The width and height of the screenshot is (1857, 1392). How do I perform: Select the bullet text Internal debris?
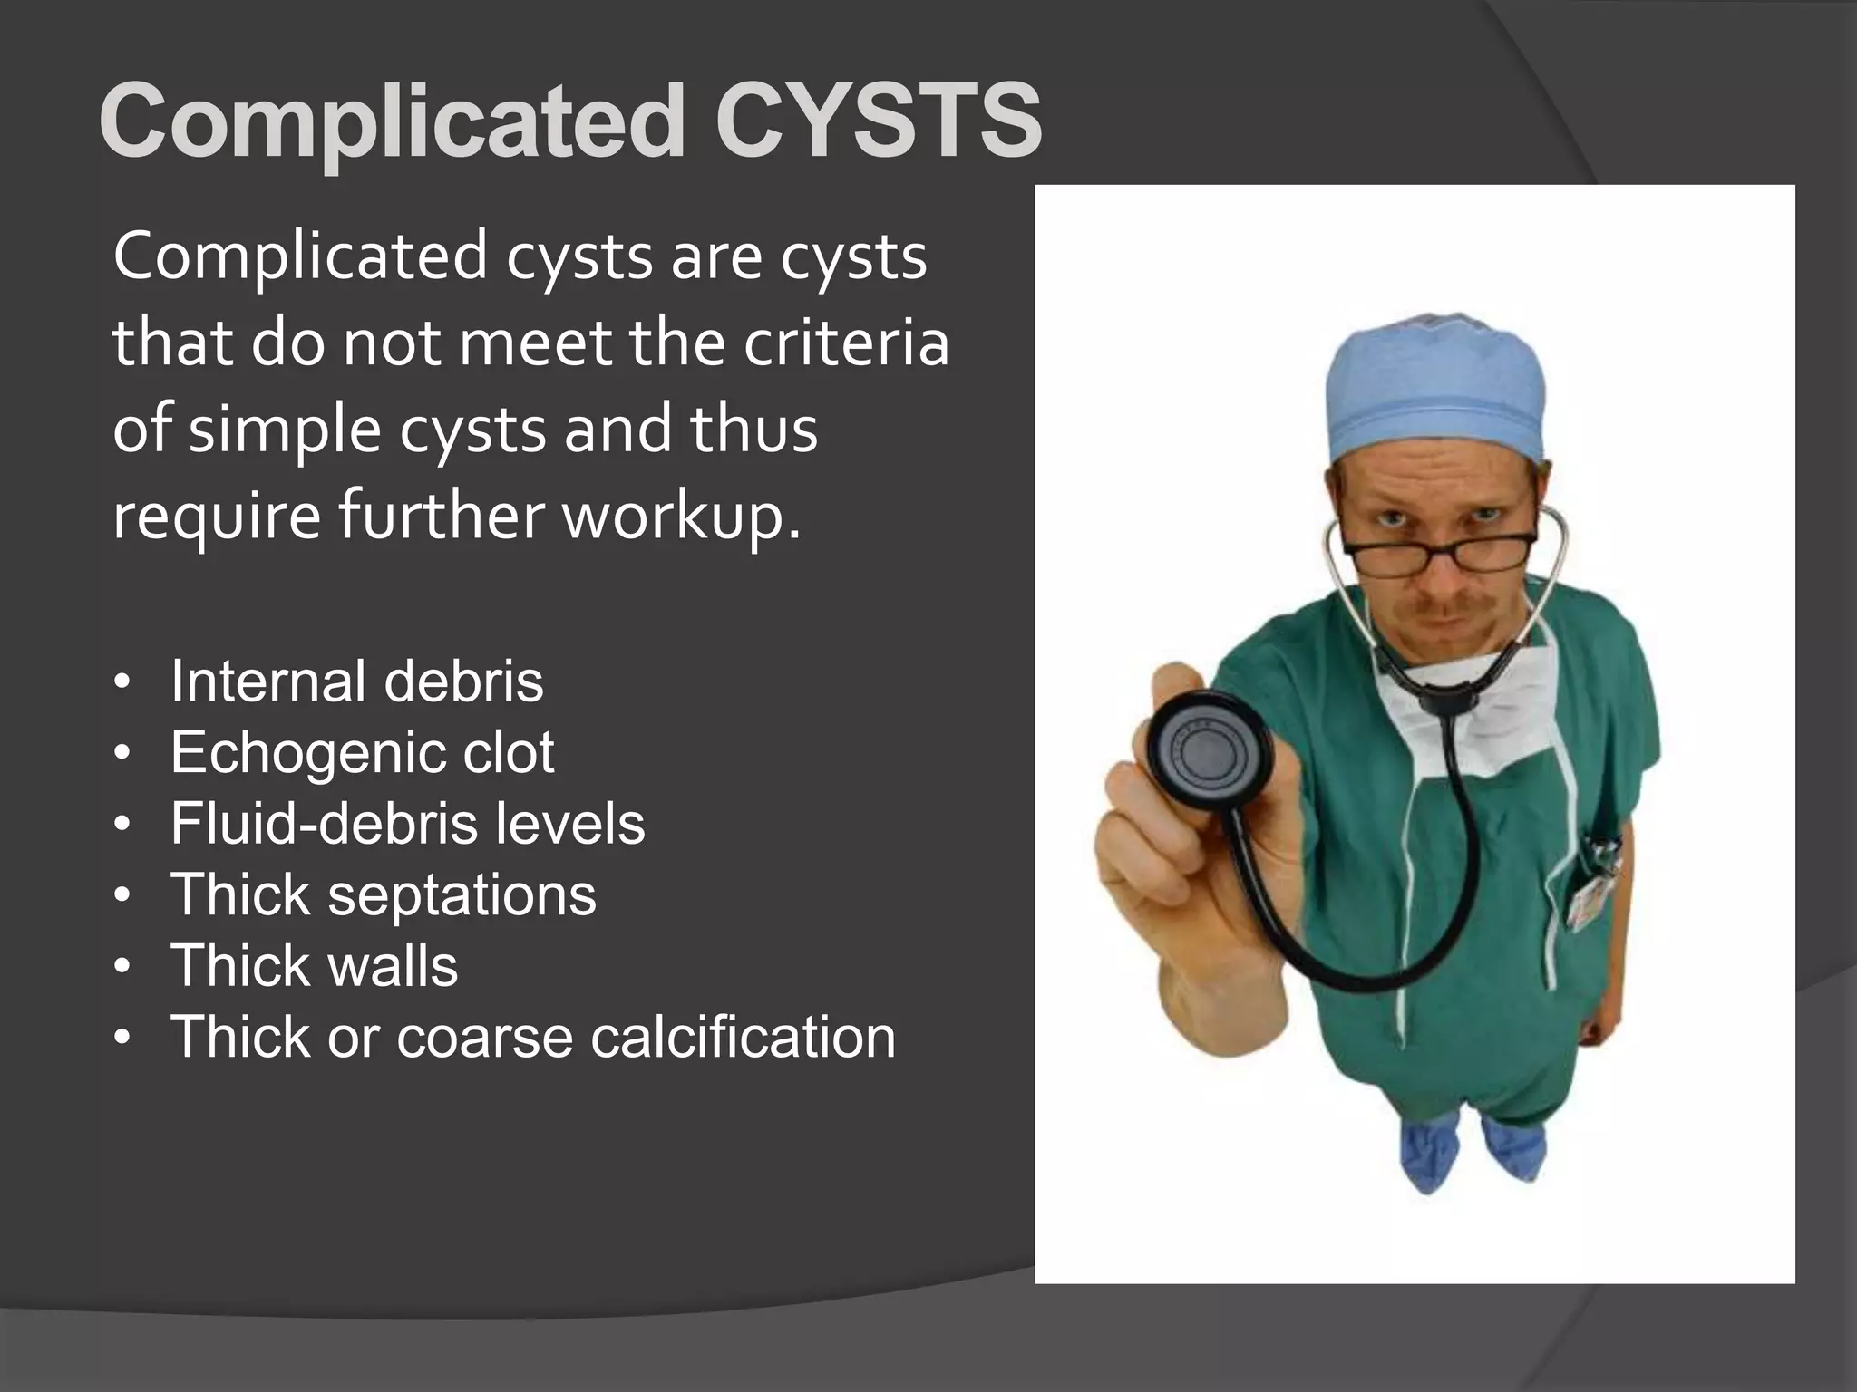(356, 681)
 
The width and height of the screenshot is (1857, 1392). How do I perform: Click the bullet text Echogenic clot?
(362, 752)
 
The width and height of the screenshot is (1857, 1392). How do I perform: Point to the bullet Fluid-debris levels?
(407, 824)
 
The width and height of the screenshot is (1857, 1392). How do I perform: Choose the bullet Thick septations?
(384, 895)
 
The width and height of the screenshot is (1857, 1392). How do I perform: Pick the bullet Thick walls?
(314, 966)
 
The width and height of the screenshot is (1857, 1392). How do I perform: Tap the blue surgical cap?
(1435, 388)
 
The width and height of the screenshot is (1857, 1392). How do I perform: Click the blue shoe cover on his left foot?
(1512, 1146)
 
